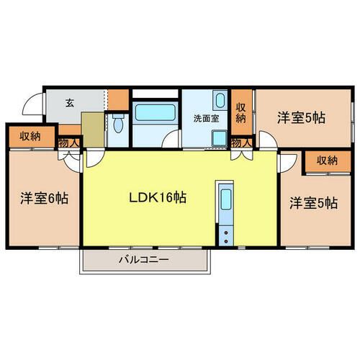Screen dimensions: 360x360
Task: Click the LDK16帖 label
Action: pyautogui.click(x=158, y=197)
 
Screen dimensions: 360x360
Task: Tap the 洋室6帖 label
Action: pyautogui.click(x=44, y=197)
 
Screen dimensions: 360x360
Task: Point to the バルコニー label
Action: pyautogui.click(x=144, y=260)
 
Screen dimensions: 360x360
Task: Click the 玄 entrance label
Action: pyautogui.click(x=70, y=103)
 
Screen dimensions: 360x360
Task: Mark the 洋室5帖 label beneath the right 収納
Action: pyautogui.click(x=313, y=203)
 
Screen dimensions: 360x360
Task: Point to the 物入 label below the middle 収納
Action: pyautogui.click(x=241, y=143)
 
